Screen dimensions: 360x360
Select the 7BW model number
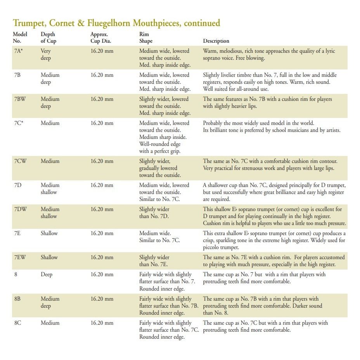20,99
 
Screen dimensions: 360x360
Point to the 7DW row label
20,209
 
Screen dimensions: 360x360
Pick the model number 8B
18,299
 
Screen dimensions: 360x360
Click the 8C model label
18,323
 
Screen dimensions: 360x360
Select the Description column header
216,41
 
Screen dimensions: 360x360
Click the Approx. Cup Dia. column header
103,37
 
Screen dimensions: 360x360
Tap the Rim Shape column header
146,37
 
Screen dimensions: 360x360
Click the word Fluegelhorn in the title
125,23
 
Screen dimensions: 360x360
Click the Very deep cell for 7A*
46,54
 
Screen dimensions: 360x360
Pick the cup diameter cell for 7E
102,233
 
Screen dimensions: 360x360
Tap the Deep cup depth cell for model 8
46,274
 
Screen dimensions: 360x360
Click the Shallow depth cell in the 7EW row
49,257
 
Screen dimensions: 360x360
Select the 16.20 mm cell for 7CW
102,161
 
